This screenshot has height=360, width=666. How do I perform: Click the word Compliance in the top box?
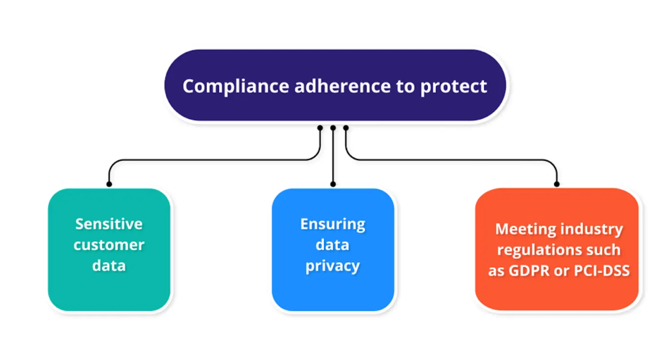[x=236, y=87]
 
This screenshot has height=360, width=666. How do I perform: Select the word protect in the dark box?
[x=453, y=87]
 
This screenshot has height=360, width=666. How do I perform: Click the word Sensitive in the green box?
[x=109, y=224]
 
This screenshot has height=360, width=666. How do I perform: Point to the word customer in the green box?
[x=109, y=245]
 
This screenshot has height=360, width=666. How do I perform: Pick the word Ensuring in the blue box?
[x=333, y=224]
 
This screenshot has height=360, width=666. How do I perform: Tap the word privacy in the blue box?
[x=333, y=266]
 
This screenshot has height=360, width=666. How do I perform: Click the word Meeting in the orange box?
[x=525, y=229]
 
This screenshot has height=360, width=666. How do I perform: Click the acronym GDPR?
[x=529, y=271]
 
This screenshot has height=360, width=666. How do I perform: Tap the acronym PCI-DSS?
[x=601, y=271]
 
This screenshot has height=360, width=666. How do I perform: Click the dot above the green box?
[x=109, y=184]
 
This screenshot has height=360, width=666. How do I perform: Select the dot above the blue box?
[x=333, y=184]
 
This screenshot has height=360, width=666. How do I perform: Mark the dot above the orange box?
[x=557, y=184]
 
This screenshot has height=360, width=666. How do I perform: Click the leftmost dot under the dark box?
[x=320, y=128]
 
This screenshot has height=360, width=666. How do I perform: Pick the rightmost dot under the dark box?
[x=346, y=128]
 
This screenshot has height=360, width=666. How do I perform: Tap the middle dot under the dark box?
[x=333, y=128]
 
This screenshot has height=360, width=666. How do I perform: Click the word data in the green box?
[x=109, y=266]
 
